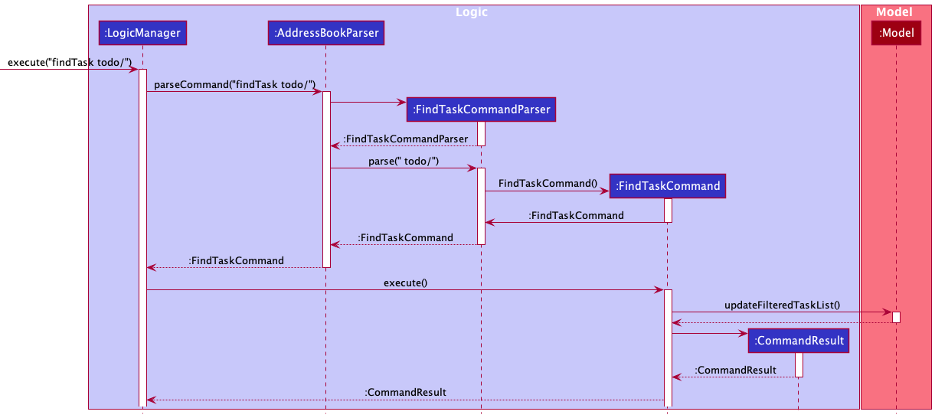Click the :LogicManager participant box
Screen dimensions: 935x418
coord(142,33)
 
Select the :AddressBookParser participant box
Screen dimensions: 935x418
coord(326,33)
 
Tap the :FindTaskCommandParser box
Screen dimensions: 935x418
coord(481,109)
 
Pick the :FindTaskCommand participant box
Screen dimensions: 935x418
coord(668,186)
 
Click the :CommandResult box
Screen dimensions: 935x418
coord(799,341)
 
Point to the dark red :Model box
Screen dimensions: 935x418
coord(896,33)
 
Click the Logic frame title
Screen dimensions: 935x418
coord(471,12)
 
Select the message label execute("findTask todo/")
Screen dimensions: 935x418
coord(70,63)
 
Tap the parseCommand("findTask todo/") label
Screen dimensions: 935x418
coord(234,85)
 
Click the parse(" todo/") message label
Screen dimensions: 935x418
coord(404,162)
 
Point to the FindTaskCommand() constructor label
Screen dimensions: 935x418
coord(548,184)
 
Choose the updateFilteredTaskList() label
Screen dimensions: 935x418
coord(782,305)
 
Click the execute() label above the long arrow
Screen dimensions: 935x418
coord(405,282)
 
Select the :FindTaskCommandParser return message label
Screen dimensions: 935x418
coord(405,139)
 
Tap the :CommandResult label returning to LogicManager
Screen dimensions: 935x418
coord(405,393)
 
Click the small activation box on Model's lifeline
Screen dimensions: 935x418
coord(896,317)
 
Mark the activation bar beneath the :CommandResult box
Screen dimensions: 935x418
coord(799,365)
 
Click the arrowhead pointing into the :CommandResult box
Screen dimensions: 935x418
coord(743,333)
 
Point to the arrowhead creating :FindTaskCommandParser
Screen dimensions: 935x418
coord(401,103)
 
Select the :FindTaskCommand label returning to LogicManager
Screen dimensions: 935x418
coord(237,261)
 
